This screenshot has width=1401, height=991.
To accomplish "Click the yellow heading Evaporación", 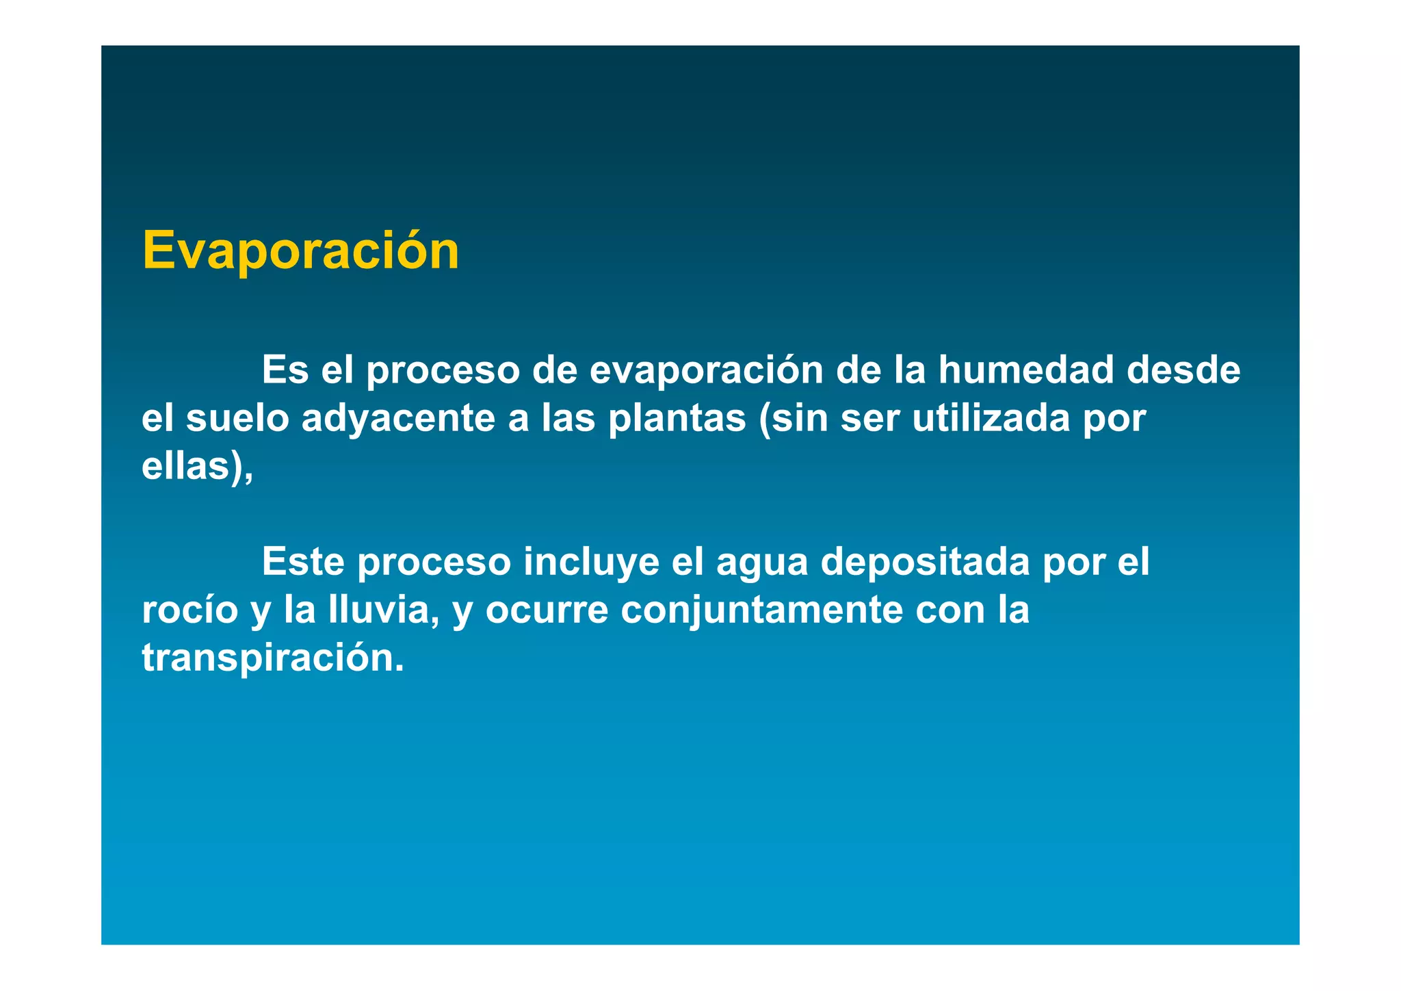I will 300,252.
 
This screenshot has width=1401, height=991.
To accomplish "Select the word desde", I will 1183,370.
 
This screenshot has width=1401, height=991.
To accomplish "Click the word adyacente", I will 398,420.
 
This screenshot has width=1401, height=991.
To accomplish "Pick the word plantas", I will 677,420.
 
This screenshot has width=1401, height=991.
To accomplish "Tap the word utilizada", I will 991,418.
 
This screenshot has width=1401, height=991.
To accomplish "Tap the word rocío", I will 189,610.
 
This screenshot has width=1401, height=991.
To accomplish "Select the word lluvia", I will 382,610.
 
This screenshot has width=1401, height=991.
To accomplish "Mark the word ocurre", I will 547,611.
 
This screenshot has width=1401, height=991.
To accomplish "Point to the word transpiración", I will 272,658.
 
